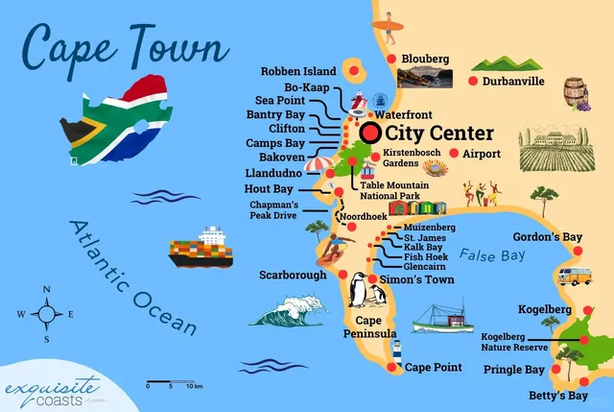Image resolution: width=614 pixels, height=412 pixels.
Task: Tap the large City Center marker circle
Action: click(369, 133)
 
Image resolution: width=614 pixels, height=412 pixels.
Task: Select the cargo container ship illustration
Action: click(201, 248)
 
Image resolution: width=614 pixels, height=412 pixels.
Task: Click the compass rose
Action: click(46, 314)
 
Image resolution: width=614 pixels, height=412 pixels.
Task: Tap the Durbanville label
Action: click(513, 82)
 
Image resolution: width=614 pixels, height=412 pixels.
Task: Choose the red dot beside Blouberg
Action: click(391, 60)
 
